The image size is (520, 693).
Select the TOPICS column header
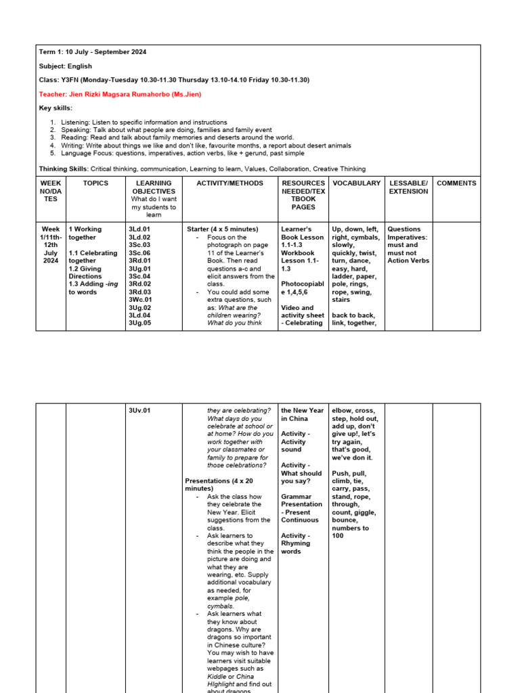coord(95,183)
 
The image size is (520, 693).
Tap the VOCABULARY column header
coord(357,183)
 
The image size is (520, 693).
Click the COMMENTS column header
coord(456,183)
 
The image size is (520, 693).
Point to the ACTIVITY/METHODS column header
coord(230,183)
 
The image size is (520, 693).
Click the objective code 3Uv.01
coord(139,411)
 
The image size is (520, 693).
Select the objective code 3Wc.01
coord(139,300)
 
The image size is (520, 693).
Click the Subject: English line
coord(66,66)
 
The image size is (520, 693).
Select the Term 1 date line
coord(93,52)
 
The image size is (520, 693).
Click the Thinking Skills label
coord(64,169)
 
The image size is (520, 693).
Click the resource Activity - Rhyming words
coord(296,543)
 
